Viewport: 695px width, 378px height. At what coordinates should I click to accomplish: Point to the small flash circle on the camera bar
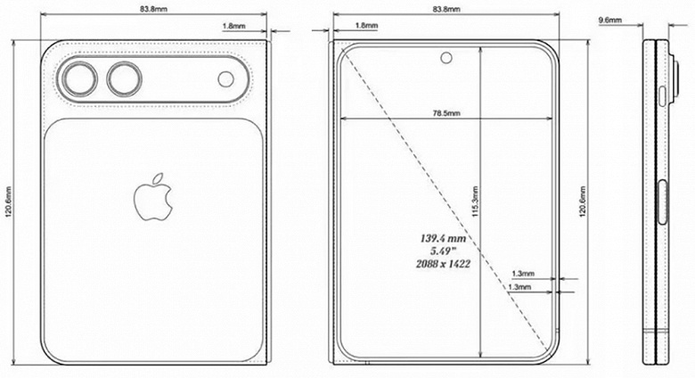226,80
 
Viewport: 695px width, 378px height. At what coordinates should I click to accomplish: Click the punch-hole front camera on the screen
446,60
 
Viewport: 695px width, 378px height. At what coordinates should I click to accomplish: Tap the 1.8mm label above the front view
364,26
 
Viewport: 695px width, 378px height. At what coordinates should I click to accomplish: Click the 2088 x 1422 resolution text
444,266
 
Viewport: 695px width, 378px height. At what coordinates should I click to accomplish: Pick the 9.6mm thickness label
610,18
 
